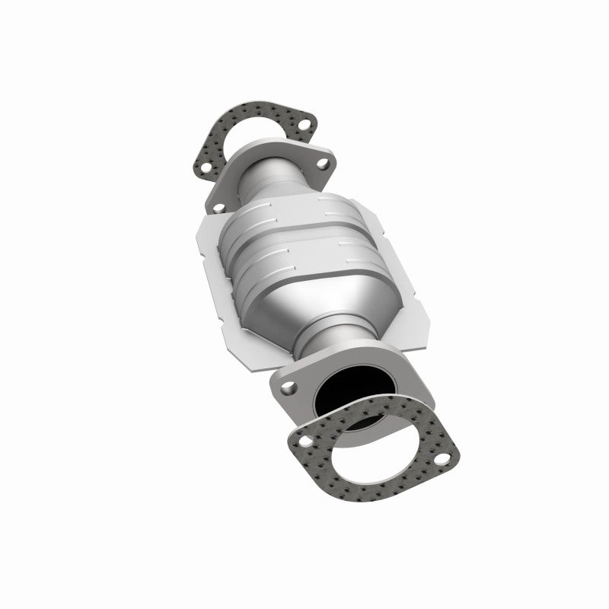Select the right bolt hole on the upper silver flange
coord(323,162)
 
